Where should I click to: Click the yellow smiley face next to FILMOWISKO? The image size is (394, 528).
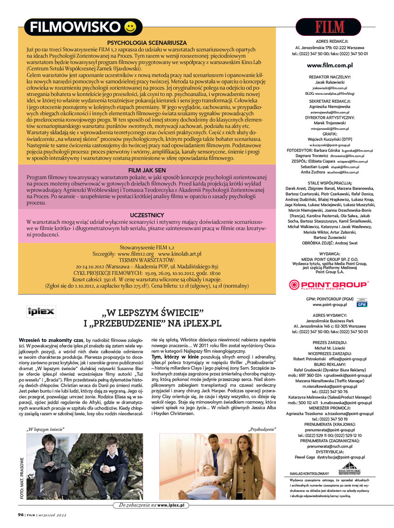point(130,28)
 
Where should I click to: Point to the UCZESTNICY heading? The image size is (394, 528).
point(147,215)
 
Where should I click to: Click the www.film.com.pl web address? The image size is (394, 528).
point(329,65)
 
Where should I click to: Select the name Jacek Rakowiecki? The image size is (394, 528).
point(329,81)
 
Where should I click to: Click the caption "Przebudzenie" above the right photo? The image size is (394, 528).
point(262,429)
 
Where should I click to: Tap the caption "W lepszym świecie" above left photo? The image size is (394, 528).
point(45,429)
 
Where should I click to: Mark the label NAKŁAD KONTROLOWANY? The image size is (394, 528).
point(310,473)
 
